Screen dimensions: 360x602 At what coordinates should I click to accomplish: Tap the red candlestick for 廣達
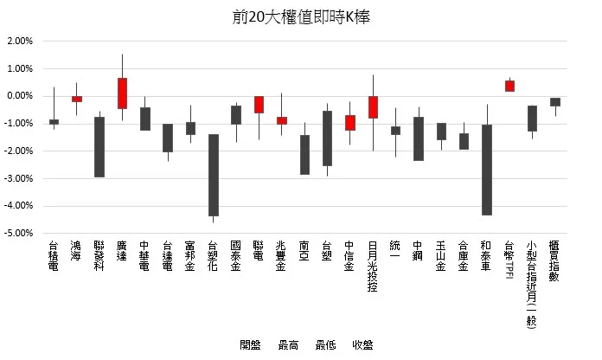[x=122, y=93]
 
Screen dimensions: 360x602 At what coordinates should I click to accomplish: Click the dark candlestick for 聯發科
[x=99, y=146]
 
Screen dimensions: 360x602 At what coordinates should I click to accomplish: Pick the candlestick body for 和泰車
[x=487, y=170]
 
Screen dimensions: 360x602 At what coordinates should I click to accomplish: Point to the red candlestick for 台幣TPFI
[x=509, y=86]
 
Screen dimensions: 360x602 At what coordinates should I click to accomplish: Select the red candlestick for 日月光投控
[x=373, y=106]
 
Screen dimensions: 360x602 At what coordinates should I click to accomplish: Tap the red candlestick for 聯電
[x=259, y=105]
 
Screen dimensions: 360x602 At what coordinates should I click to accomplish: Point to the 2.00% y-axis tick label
[x=19, y=41]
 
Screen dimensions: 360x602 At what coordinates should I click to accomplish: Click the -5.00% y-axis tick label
[x=19, y=234]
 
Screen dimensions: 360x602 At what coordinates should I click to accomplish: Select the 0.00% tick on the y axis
[x=19, y=96]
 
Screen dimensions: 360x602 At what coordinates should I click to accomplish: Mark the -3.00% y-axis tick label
[x=19, y=178]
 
